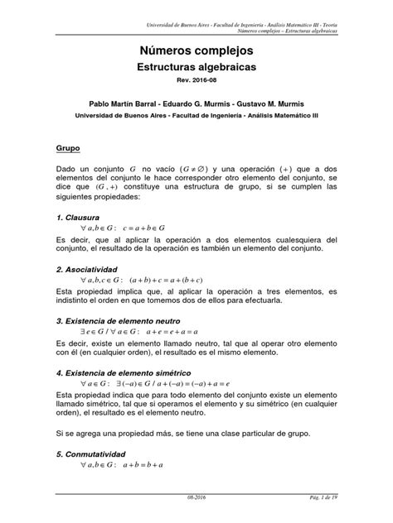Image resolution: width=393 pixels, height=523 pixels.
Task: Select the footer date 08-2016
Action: point(199,513)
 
